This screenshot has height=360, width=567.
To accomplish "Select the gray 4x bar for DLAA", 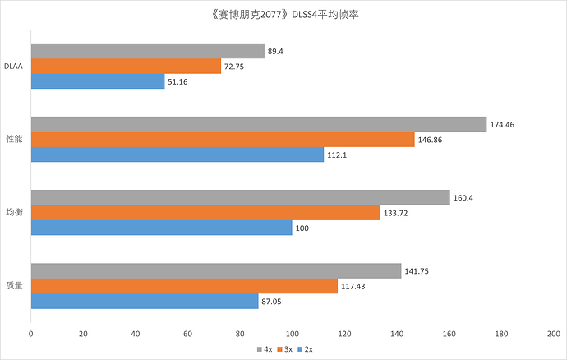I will tap(148, 51).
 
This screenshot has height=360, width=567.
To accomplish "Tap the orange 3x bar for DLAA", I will tap(126, 67).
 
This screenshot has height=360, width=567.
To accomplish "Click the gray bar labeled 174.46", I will tap(259, 124).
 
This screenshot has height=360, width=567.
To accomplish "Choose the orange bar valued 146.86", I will tap(223, 140).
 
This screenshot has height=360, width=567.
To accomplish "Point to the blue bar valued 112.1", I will tap(177, 155).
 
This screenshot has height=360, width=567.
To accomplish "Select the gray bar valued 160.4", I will tap(241, 197).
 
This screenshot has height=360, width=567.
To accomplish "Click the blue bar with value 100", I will tap(162, 228).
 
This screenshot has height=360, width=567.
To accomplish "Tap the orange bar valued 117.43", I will tap(184, 286).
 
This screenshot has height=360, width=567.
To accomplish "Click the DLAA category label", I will tap(14, 67).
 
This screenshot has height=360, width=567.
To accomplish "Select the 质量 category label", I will tap(15, 286).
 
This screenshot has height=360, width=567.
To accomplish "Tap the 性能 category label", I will tap(15, 140).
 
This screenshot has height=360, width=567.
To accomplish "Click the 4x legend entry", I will tap(265, 349).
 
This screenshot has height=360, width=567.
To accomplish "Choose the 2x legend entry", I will tap(305, 349).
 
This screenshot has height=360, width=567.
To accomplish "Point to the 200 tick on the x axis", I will tap(554, 334).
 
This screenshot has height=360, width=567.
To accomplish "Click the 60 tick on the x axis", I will tap(187, 334).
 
